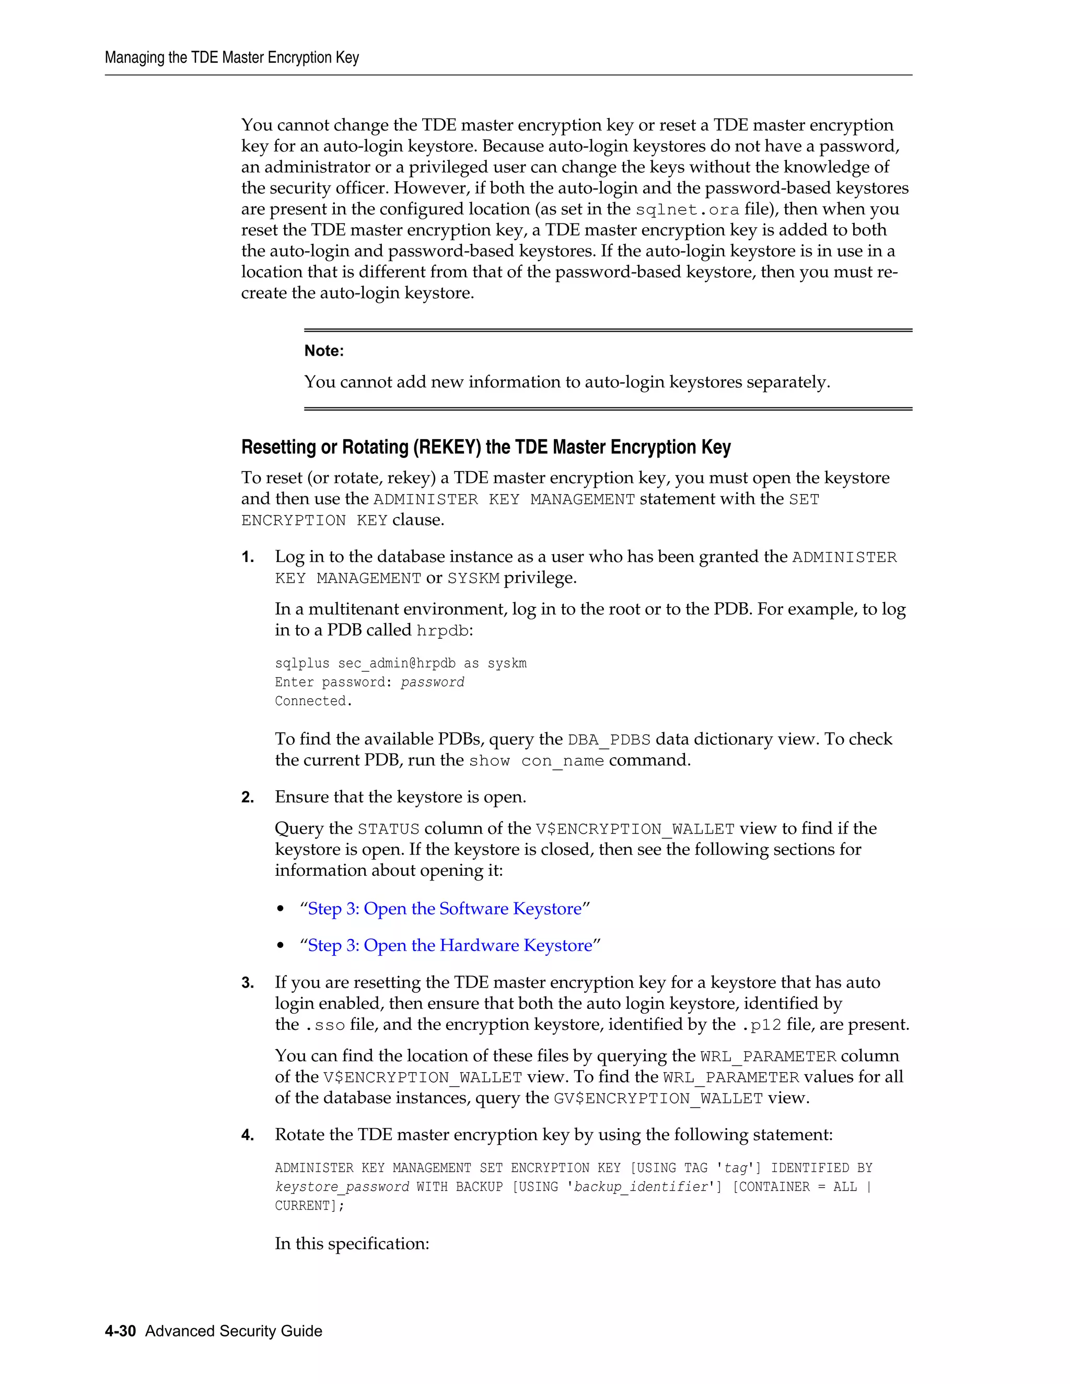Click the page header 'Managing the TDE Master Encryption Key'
231,57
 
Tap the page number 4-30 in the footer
121,1331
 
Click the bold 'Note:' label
324,351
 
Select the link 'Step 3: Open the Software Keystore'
445,909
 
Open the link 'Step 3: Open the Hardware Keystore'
449,945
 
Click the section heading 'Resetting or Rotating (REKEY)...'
485,448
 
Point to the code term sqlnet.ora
687,210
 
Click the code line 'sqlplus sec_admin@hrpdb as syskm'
401,663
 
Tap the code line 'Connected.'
313,701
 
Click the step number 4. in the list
248,1135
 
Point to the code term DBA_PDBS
609,740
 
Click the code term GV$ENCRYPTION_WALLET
658,1099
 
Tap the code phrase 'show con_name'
536,761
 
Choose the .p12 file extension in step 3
761,1025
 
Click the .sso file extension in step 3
325,1025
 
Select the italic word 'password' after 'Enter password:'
432,683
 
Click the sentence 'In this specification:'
352,1244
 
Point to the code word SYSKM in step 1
473,579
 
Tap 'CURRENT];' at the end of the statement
309,1206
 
